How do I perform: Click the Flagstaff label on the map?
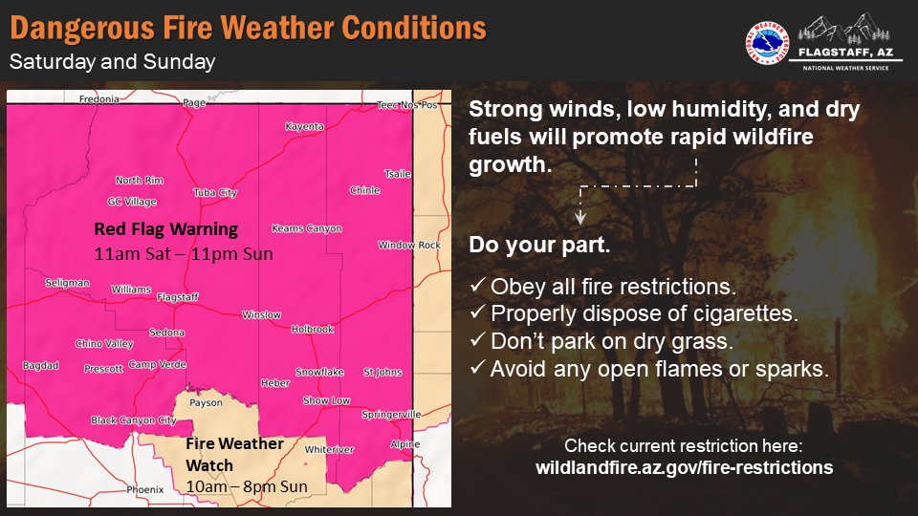[177, 297]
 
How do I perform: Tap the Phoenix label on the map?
[146, 489]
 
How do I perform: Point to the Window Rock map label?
[409, 246]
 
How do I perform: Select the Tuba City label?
[215, 193]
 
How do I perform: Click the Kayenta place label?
[305, 126]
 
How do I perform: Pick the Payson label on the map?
[207, 403]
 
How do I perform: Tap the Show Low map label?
[327, 401]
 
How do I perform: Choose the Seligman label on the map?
[67, 283]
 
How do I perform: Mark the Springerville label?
[392, 415]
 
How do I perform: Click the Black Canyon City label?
[134, 420]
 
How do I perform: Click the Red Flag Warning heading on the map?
[165, 230]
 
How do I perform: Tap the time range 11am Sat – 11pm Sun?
[184, 254]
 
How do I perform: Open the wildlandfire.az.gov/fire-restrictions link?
[684, 468]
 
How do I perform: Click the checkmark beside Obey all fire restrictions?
[477, 287]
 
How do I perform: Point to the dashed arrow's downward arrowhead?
[580, 216]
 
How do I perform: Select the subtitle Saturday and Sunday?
[112, 63]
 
